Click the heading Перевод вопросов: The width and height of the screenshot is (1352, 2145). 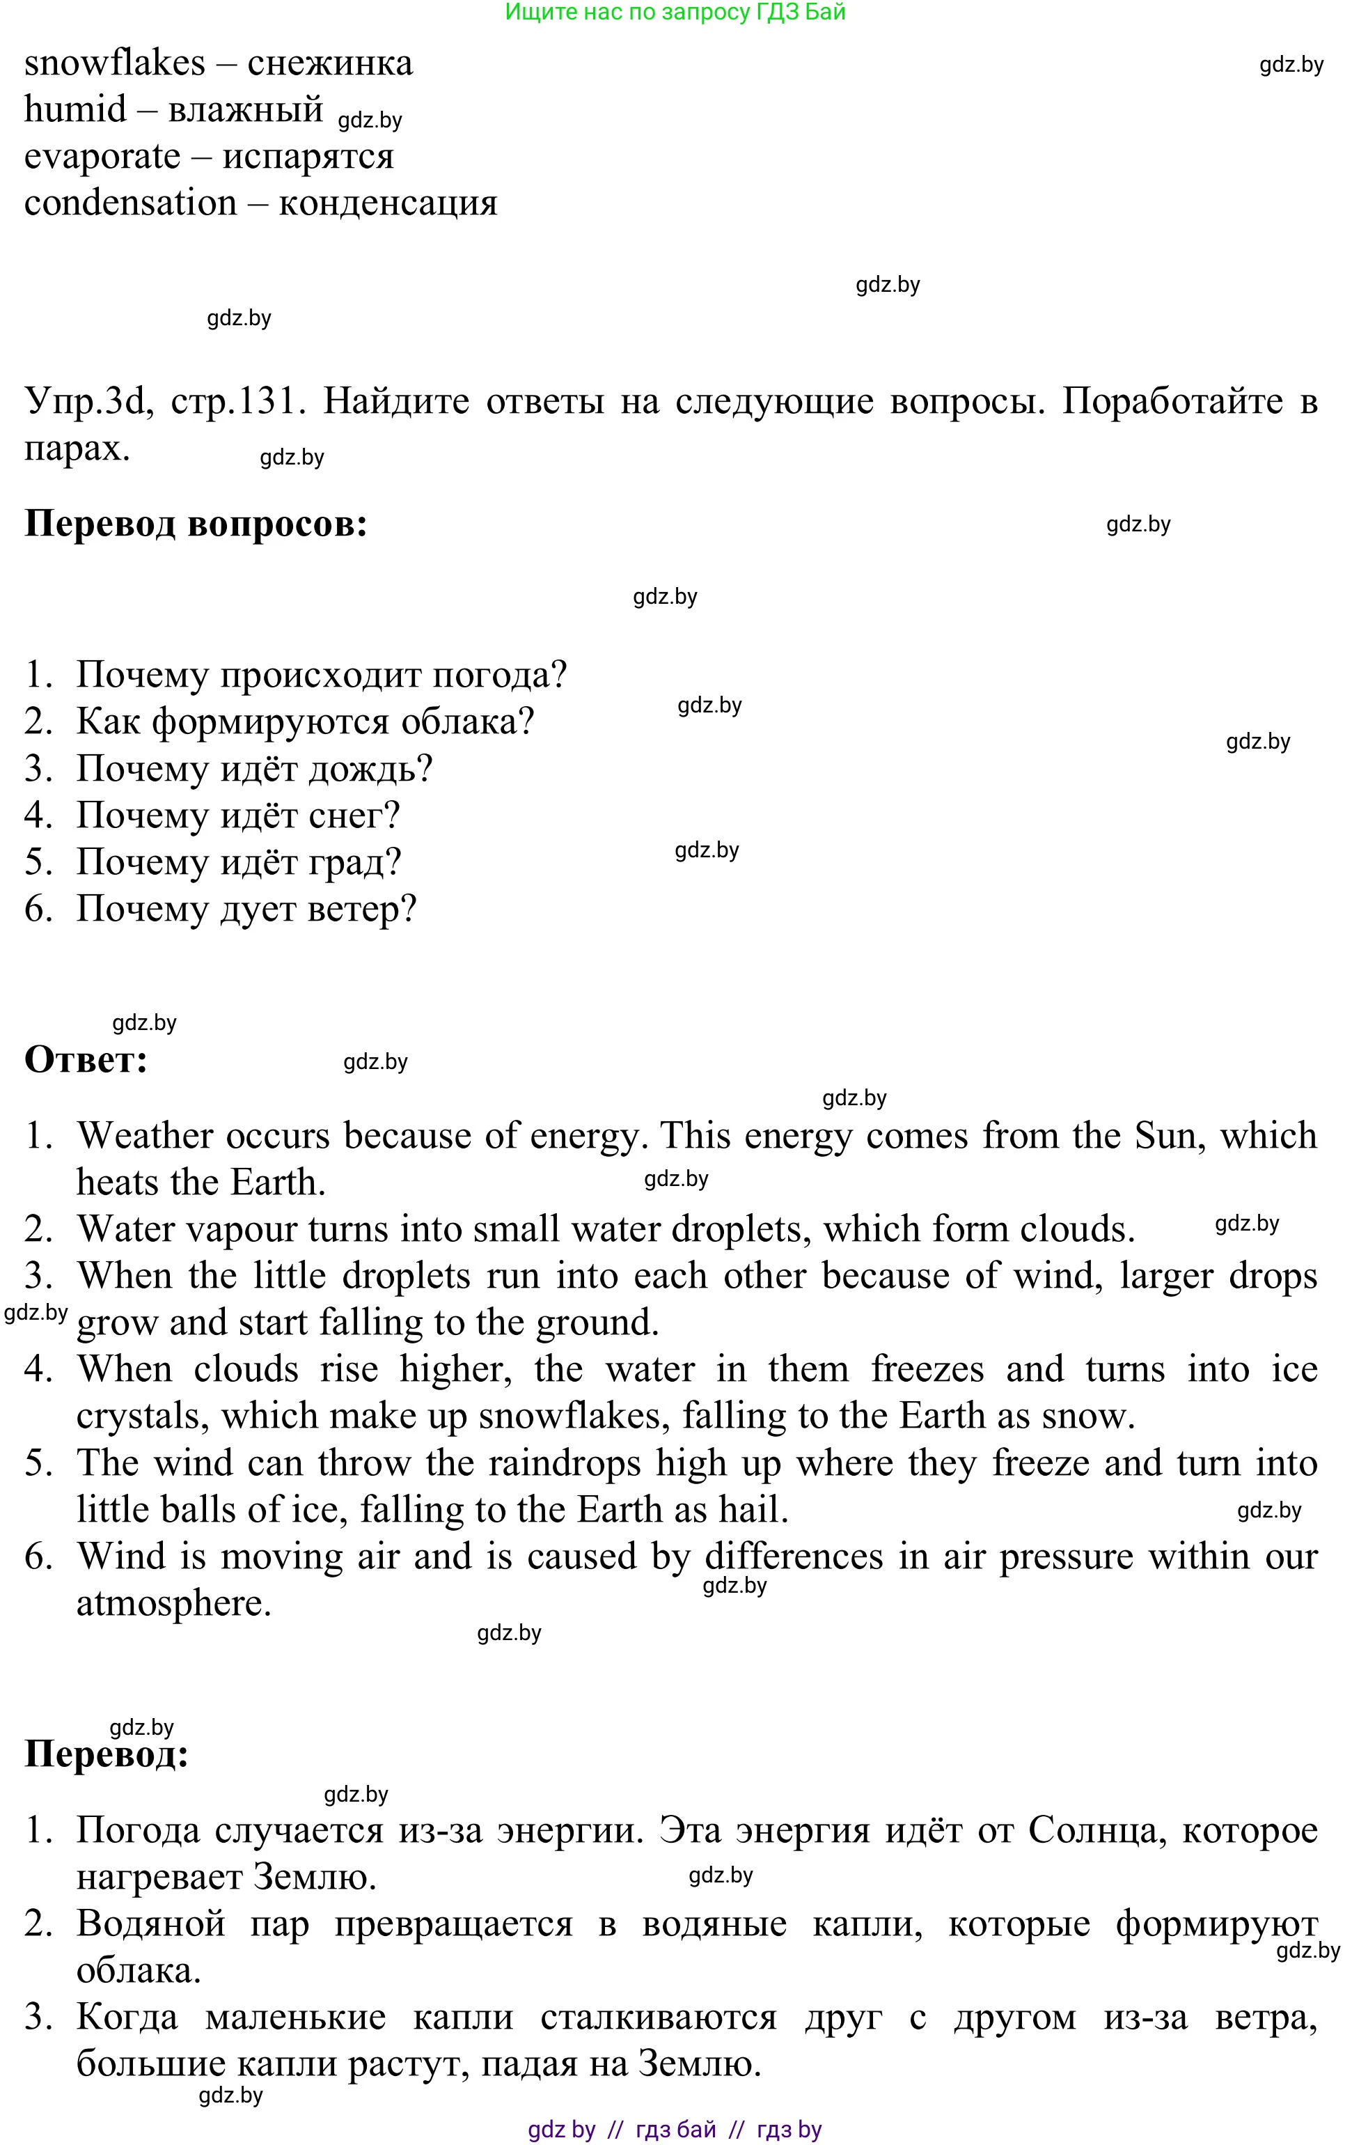[x=196, y=524]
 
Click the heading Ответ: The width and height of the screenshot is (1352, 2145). [x=86, y=1060]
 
